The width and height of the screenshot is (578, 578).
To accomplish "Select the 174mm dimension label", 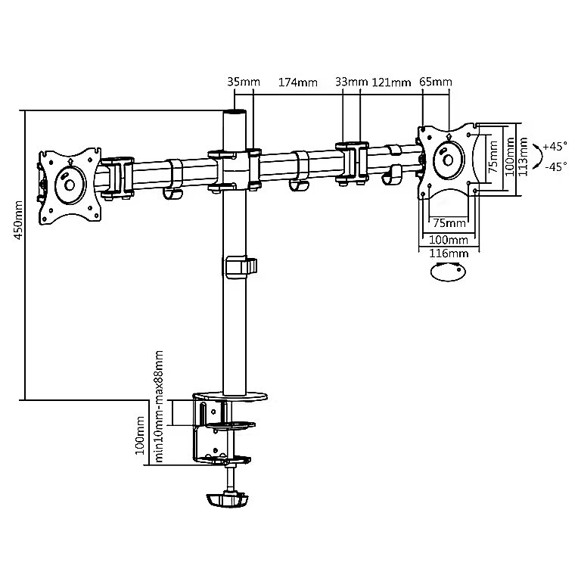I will click(297, 82).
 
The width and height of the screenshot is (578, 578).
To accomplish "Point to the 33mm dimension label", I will click(351, 82).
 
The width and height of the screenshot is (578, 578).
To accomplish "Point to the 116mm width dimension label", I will click(447, 253).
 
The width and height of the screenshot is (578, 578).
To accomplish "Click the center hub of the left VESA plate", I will click(70, 184).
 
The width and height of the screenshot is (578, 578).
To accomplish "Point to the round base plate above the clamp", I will click(232, 396).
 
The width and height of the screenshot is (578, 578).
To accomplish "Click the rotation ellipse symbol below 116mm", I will click(447, 274).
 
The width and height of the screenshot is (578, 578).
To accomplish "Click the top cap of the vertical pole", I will click(235, 113).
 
